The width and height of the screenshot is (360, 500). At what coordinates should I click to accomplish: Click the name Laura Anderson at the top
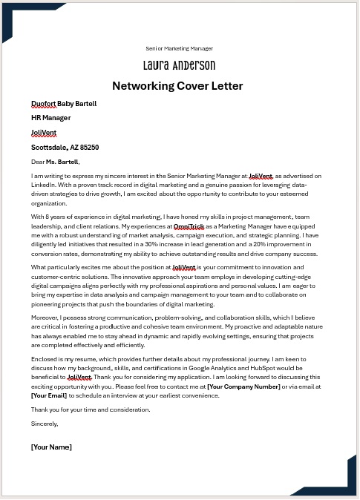[180, 65]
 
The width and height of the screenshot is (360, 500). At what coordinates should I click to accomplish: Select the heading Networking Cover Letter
[180, 86]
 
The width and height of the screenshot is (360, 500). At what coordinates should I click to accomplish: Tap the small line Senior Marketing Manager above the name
[180, 47]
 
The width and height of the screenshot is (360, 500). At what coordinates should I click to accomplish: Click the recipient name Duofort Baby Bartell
[64, 104]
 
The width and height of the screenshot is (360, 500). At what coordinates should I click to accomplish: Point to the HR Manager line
[51, 118]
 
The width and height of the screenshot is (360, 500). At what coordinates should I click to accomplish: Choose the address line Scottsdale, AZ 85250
[65, 147]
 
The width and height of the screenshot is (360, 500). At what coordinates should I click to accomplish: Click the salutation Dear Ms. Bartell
[55, 161]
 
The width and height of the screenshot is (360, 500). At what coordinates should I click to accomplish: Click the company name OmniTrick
[189, 226]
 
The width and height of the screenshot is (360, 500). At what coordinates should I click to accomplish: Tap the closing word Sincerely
[45, 424]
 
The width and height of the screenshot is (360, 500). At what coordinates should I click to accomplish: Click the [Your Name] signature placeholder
[51, 447]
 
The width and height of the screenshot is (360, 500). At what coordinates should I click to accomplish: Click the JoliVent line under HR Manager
[44, 133]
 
